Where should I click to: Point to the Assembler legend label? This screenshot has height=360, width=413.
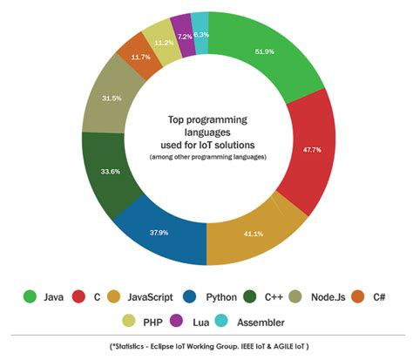[x=267, y=321]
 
